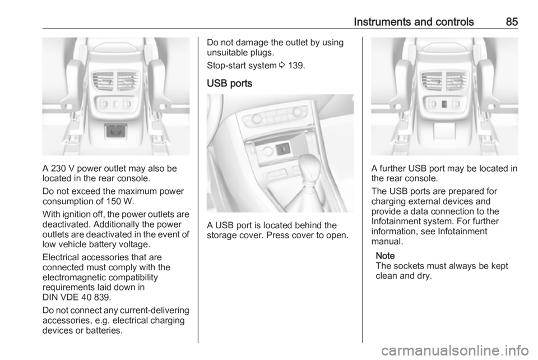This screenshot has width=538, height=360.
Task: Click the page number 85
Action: tap(512, 22)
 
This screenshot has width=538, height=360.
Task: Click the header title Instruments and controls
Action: tap(414, 22)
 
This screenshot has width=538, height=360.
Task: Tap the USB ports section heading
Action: tap(230, 84)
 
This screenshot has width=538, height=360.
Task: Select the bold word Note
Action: tap(385, 256)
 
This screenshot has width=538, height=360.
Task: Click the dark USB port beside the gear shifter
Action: tap(282, 149)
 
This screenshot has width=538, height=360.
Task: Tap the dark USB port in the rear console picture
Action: tap(444, 104)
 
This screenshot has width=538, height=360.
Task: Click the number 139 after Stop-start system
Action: tap(296, 65)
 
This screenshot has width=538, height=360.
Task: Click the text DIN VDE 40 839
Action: tap(77, 297)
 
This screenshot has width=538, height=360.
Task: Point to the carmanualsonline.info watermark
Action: tap(455, 350)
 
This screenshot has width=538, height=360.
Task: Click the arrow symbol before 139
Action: tap(282, 65)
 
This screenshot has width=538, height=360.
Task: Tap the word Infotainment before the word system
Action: tap(396, 221)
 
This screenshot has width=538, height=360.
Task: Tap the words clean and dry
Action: tap(403, 276)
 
